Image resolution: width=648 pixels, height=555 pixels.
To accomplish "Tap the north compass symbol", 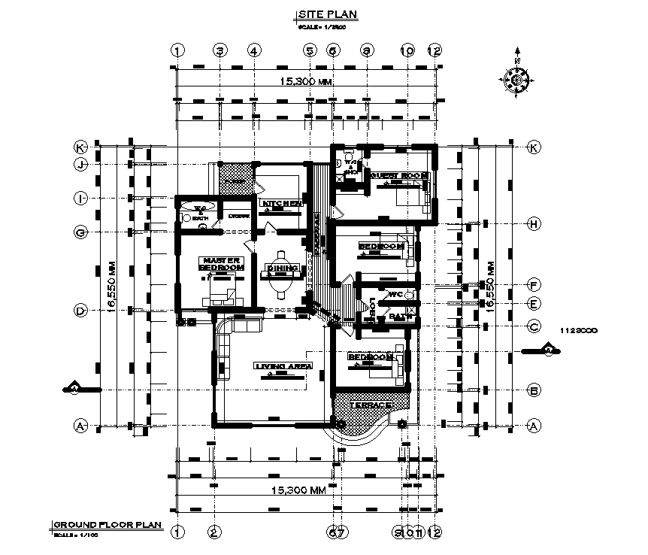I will pos(516,80).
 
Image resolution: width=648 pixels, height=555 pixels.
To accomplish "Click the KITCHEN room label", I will pos(281,204).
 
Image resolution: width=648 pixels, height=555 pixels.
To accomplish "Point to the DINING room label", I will pos(283,268).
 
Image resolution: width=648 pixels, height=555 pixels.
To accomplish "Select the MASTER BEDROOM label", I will pos(222,264).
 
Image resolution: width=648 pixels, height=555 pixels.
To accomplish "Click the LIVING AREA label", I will pos(283,366).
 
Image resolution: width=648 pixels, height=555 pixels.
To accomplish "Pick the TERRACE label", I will pos(373,405).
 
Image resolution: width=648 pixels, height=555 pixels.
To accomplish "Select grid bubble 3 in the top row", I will pos(220,51).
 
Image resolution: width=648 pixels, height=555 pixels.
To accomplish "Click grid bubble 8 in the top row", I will pos(367,51).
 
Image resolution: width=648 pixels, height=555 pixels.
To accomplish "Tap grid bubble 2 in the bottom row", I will pos(214,532).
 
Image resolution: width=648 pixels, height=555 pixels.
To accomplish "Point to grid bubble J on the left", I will pos(79,164).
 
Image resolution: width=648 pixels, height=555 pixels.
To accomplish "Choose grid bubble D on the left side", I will pos(79,310).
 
